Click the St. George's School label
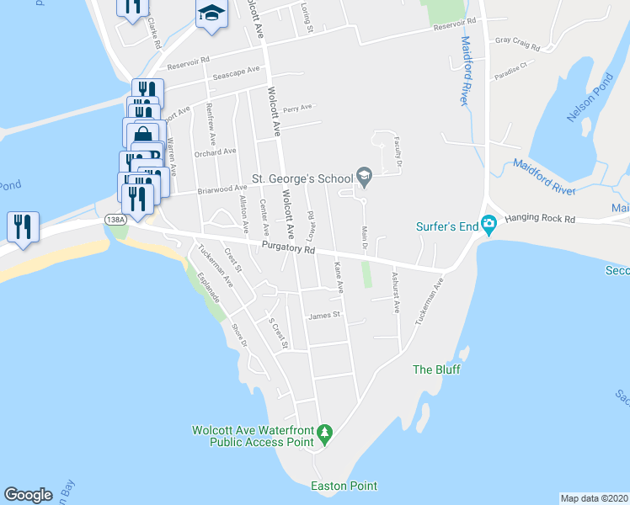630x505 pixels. pyautogui.click(x=303, y=178)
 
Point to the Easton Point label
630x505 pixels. pyautogui.click(x=344, y=486)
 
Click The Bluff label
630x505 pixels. pyautogui.click(x=435, y=369)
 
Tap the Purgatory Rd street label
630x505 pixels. pyautogui.click(x=287, y=249)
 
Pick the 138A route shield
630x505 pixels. pyautogui.click(x=115, y=220)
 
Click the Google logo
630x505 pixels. pyautogui.click(x=29, y=495)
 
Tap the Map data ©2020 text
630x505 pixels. pyautogui.click(x=595, y=498)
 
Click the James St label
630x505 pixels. pyautogui.click(x=323, y=316)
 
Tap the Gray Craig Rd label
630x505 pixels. pyautogui.click(x=516, y=40)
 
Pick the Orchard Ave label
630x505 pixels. pyautogui.click(x=215, y=152)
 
